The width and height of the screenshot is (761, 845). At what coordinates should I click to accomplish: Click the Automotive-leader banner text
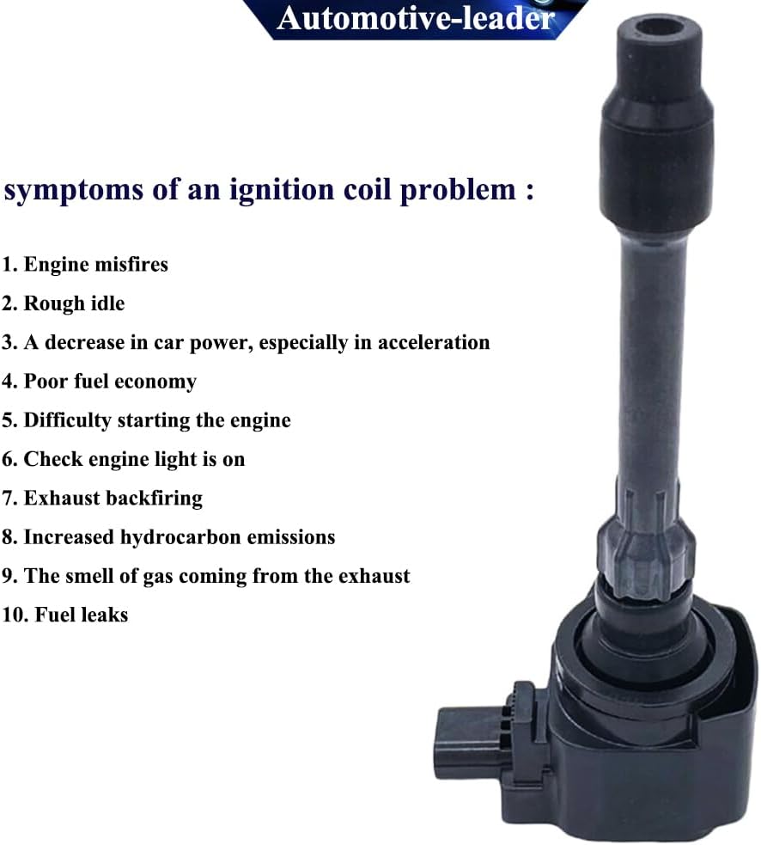tap(415, 18)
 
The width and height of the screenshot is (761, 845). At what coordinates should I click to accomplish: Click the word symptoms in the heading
tap(74, 190)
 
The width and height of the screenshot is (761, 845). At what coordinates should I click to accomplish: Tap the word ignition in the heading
tap(282, 190)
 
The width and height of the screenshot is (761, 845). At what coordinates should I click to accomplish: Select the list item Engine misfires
tap(84, 265)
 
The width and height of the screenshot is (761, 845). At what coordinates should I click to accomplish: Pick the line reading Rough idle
tap(63, 303)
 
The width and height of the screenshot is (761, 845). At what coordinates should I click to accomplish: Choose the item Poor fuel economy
tap(99, 382)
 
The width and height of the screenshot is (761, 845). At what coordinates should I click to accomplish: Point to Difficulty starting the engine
tap(146, 420)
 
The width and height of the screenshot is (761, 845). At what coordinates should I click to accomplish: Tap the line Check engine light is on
tap(124, 459)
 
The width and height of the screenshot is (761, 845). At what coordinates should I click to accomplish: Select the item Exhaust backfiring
tap(102, 498)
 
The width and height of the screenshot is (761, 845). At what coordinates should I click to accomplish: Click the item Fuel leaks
tap(65, 615)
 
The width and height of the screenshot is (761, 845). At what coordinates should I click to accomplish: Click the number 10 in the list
tap(14, 615)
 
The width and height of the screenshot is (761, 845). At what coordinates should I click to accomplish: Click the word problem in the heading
tap(458, 190)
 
